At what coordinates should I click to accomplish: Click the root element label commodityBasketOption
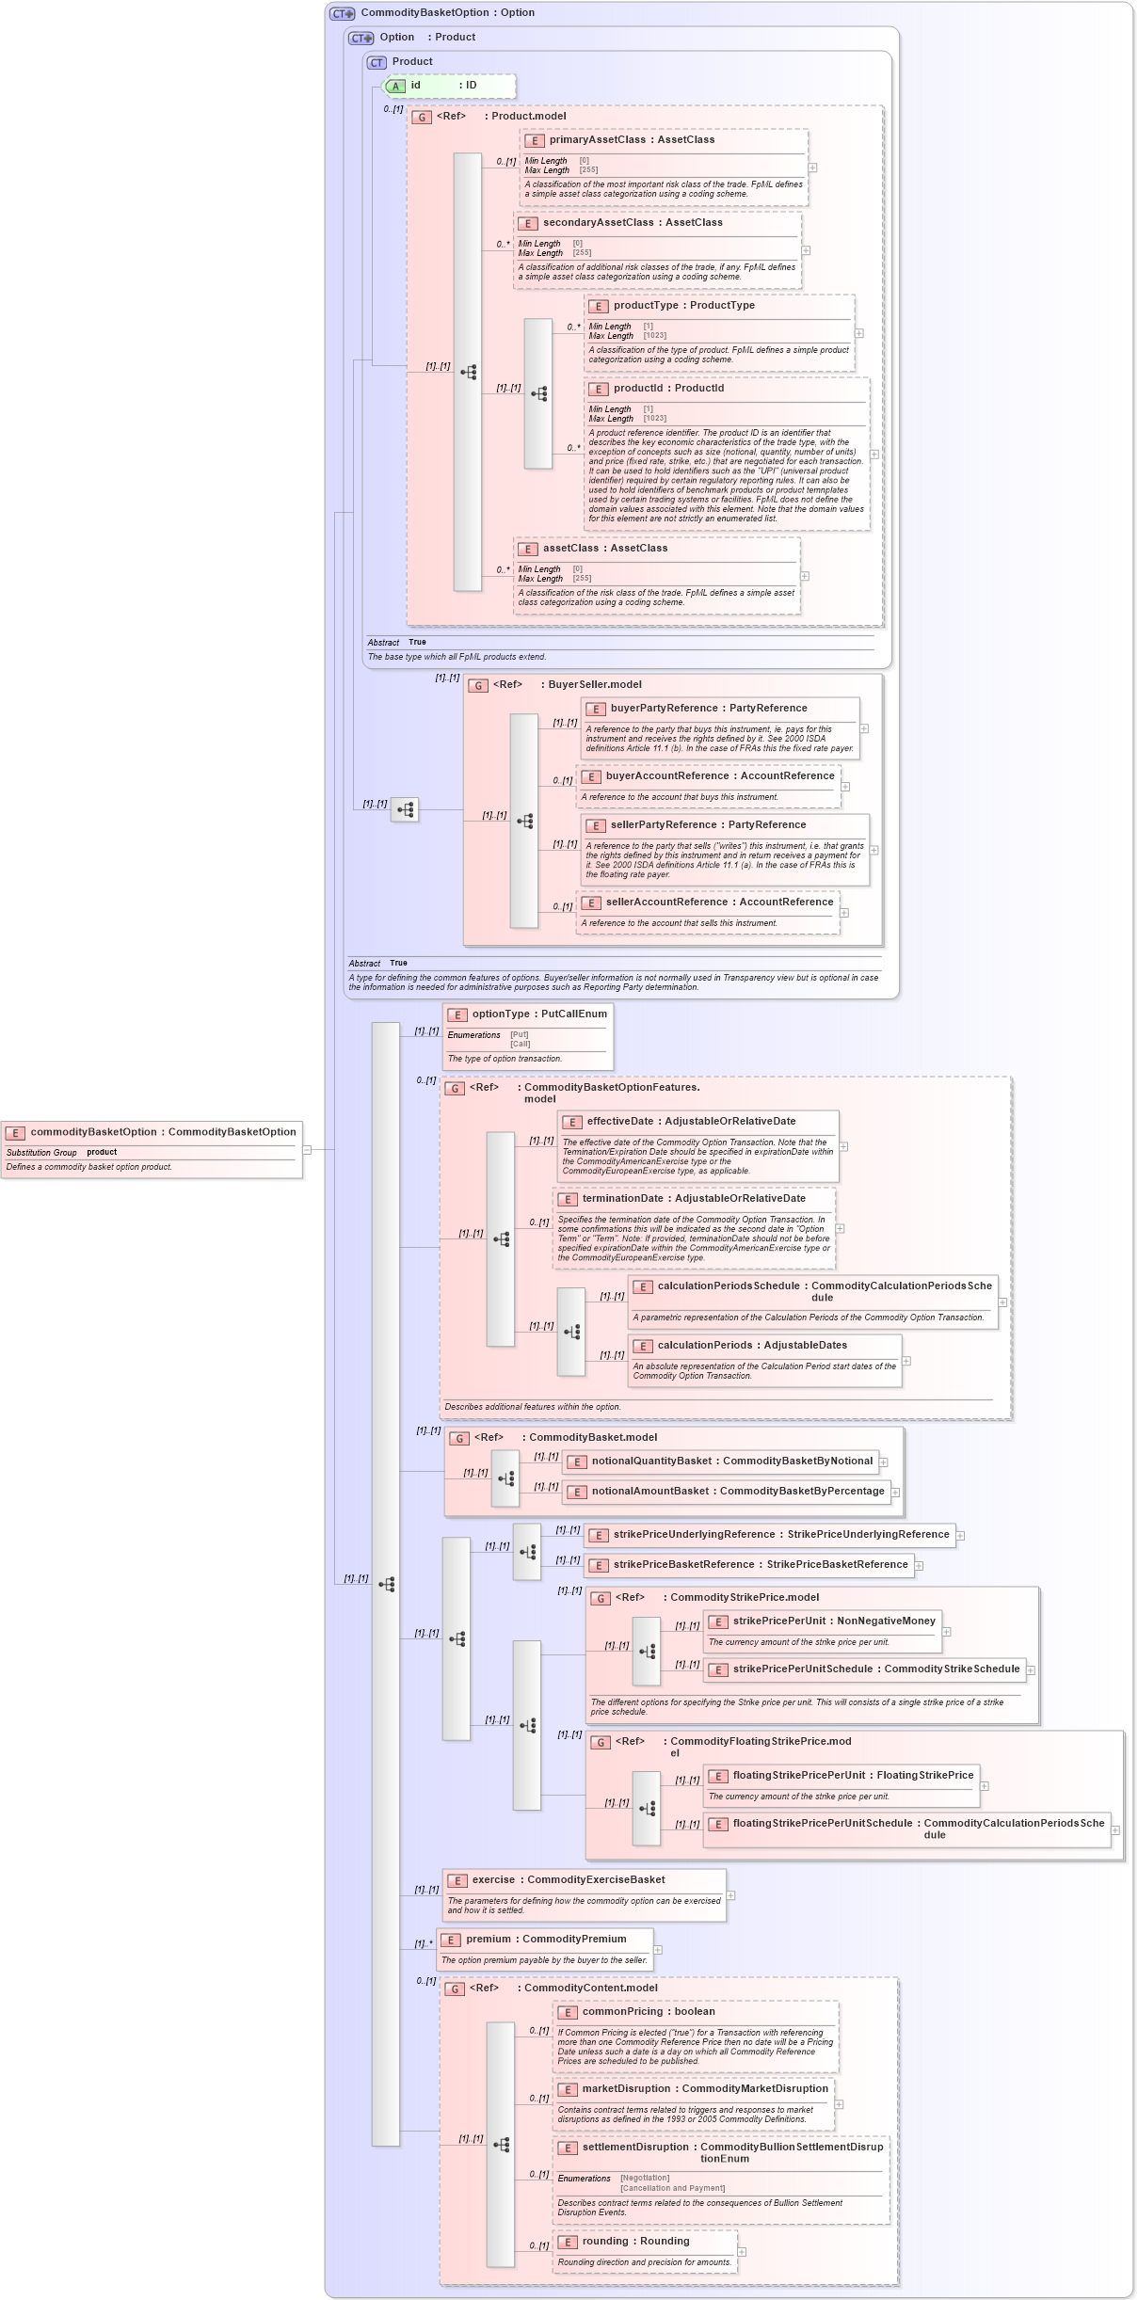[93, 1132]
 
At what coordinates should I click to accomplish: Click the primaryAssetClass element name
[597, 140]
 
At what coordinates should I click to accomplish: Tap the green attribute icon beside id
[396, 87]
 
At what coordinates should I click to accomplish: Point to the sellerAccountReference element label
[666, 902]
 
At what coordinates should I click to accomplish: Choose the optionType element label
[500, 1014]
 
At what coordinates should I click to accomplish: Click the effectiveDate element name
[619, 1122]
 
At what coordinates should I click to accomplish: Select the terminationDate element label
[622, 1199]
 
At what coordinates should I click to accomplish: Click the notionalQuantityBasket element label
[651, 1461]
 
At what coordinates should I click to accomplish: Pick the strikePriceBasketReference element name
[683, 1565]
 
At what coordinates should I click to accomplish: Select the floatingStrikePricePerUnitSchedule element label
[822, 1824]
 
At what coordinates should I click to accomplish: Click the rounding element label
[604, 2242]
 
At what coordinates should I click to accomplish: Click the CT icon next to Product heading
[377, 63]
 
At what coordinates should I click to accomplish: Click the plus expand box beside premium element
[658, 1950]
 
